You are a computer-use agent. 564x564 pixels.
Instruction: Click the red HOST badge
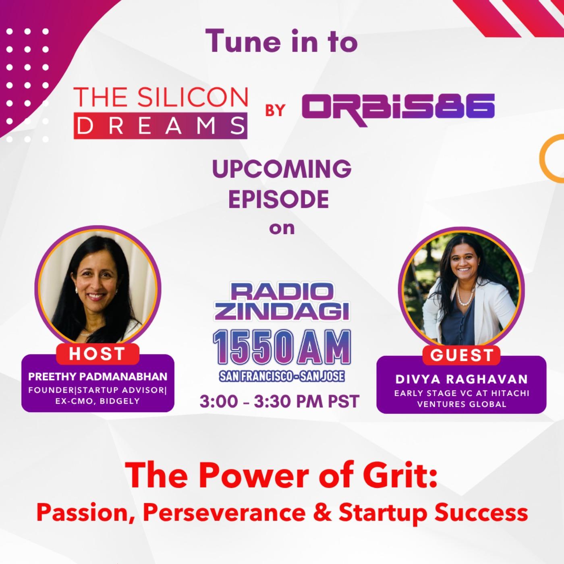[97, 354]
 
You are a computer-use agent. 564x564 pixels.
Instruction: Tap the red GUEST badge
[461, 355]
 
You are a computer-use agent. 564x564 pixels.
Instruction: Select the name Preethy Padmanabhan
[98, 377]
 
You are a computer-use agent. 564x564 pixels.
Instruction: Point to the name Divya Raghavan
[462, 379]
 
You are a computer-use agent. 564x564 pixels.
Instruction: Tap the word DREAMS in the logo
[160, 126]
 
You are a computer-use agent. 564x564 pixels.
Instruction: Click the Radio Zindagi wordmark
[282, 303]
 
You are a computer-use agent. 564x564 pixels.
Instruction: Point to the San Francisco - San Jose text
[282, 377]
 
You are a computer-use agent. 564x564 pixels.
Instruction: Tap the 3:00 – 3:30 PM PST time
[280, 401]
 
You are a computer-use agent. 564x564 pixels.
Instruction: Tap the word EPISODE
[279, 199]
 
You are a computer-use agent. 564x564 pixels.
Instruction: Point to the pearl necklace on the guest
[467, 293]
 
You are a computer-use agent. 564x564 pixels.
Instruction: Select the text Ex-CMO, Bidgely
[98, 401]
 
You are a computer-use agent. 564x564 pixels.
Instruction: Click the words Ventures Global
[462, 404]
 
